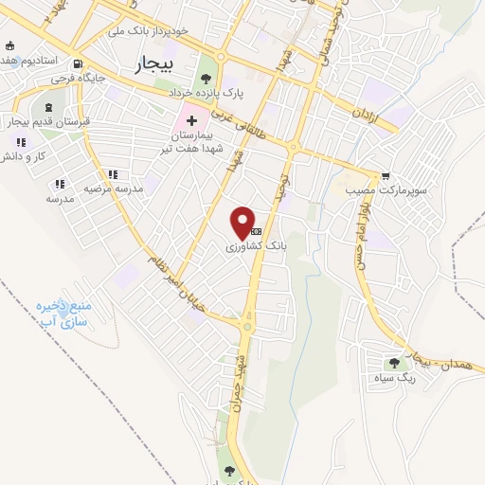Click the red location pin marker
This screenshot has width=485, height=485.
[x=243, y=223]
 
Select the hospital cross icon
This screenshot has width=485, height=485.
[x=192, y=120]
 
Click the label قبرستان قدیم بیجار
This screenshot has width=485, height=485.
[x=60, y=122]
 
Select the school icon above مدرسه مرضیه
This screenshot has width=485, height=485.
[x=113, y=174]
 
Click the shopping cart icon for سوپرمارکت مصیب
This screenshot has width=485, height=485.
[x=386, y=176]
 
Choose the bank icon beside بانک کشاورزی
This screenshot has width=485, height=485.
[x=256, y=231]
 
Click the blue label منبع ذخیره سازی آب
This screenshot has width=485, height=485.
[x=63, y=314]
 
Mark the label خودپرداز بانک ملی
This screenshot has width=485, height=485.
[x=149, y=31]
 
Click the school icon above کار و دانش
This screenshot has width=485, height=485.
[x=18, y=142]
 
